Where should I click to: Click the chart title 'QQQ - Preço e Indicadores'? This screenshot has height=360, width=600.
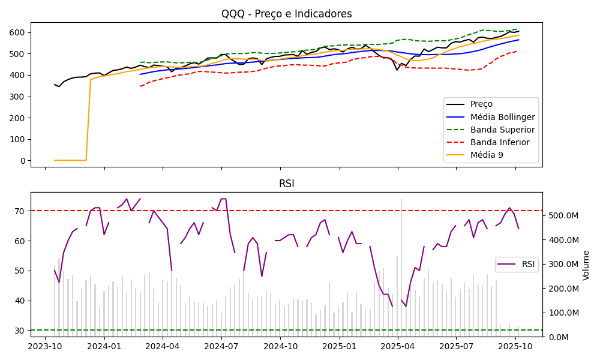coord(286,14)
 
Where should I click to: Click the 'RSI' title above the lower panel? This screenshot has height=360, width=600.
coord(286,184)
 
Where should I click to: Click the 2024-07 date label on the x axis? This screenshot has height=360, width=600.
coord(221,347)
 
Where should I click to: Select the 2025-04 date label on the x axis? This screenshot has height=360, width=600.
coord(398,347)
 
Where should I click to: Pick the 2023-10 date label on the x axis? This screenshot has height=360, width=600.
coord(45,347)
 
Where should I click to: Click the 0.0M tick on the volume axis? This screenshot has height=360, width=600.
coord(557,337)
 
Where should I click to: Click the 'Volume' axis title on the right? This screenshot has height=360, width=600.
coord(587,265)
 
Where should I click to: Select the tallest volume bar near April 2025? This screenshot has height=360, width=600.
coord(401,268)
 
